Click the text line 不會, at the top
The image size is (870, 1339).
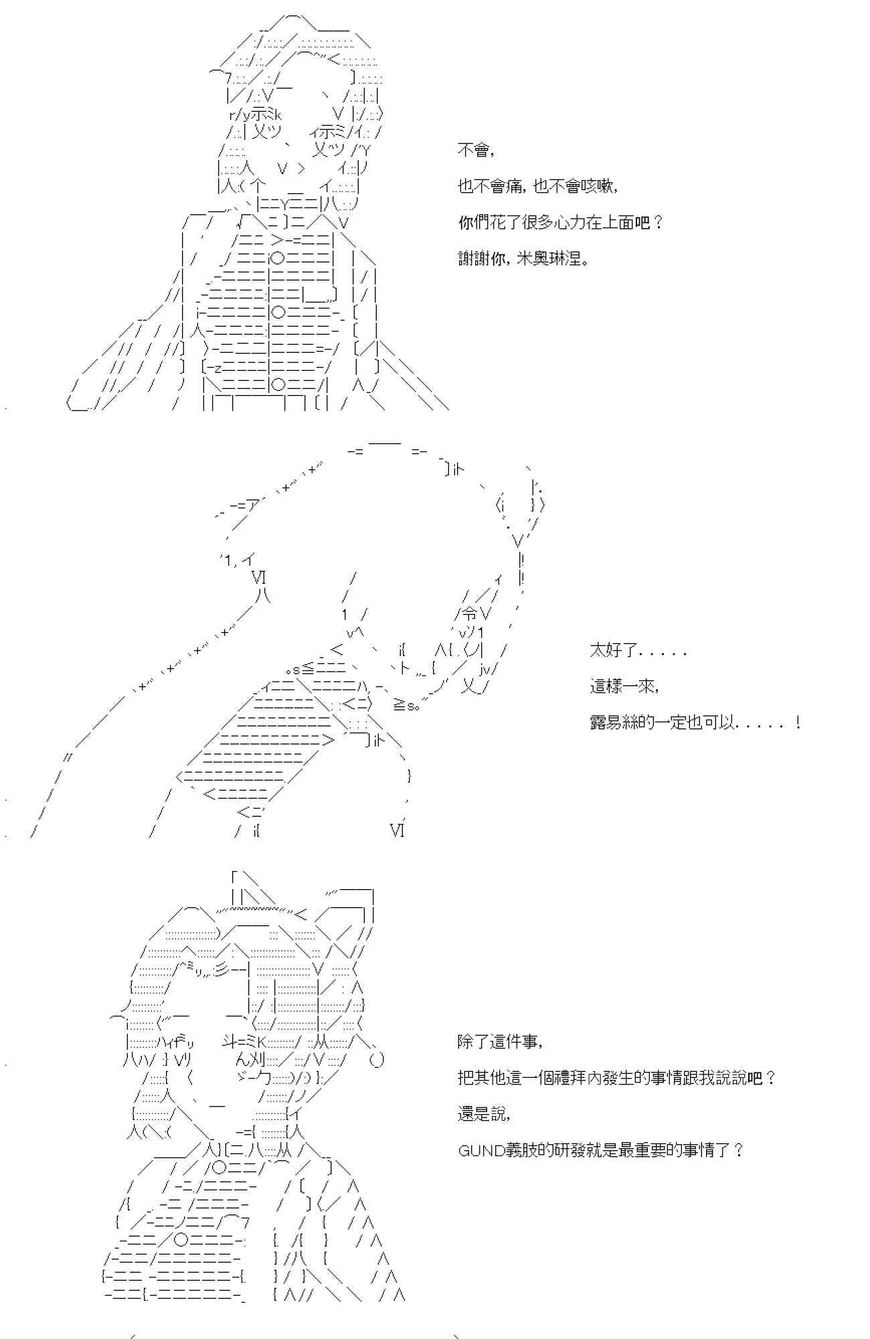[x=476, y=150]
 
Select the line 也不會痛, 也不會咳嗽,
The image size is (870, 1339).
[x=537, y=186]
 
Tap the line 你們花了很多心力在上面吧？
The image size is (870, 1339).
[x=560, y=222]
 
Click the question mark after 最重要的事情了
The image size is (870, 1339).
[x=737, y=1150]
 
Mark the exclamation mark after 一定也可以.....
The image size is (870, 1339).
[x=798, y=722]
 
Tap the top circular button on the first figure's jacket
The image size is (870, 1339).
[x=278, y=258]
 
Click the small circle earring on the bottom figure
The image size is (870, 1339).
[x=376, y=1060]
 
